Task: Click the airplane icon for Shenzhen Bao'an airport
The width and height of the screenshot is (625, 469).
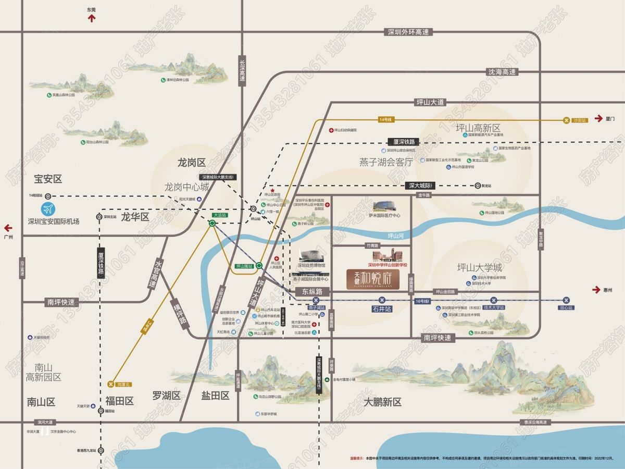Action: (x=48, y=210)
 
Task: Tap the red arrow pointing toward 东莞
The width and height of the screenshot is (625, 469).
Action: (x=92, y=18)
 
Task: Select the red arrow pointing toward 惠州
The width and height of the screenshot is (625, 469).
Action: (x=596, y=290)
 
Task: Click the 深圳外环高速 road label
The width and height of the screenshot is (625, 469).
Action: (x=408, y=32)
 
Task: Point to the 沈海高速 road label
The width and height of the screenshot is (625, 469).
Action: (x=502, y=72)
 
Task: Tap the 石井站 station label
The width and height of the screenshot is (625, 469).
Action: (x=381, y=308)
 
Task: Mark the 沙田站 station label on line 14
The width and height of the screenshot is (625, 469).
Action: (x=580, y=120)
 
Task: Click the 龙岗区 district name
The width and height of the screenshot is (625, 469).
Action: (x=192, y=162)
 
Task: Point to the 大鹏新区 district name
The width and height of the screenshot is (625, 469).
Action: (x=382, y=402)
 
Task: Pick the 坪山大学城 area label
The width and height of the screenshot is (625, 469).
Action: (x=479, y=268)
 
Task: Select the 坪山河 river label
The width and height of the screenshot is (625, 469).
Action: (x=396, y=236)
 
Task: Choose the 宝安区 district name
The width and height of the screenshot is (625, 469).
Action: (x=48, y=179)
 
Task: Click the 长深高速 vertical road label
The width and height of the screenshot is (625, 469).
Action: (x=242, y=71)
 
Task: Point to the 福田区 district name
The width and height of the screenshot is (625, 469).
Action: (x=119, y=401)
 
